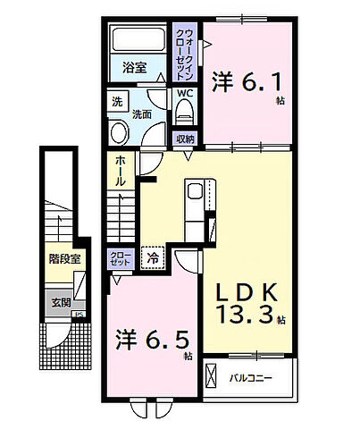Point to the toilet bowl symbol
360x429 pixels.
[184, 111]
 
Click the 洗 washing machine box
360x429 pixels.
[116, 103]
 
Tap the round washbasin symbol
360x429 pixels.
[118, 130]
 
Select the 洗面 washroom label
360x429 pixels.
[142, 114]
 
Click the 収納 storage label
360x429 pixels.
[184, 139]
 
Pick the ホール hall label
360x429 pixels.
[120, 171]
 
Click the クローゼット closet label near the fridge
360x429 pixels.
[120, 259]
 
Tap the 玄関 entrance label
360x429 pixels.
[60, 302]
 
